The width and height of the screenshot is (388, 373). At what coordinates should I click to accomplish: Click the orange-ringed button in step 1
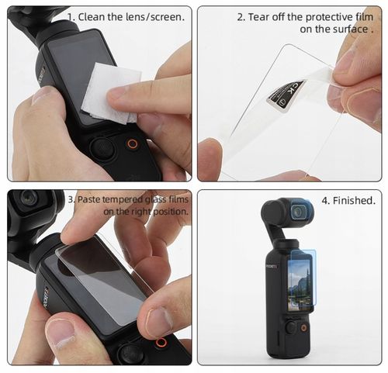(x=133, y=144)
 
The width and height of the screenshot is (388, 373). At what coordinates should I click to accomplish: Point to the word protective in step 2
(x=320, y=16)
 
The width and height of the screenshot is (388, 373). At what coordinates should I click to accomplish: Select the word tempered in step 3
(x=126, y=199)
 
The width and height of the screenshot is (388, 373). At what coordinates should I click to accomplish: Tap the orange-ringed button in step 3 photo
(x=161, y=342)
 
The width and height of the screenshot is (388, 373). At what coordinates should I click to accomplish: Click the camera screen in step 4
(x=299, y=285)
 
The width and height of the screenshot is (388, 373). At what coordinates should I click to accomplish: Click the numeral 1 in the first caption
(x=71, y=16)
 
